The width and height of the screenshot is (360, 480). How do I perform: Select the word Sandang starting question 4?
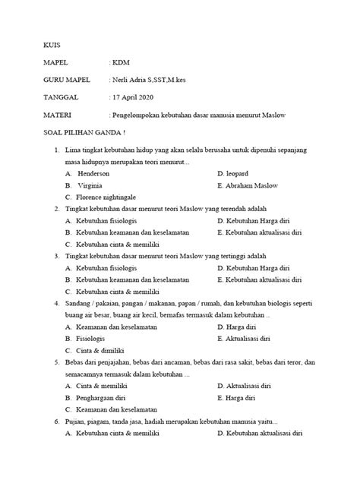79,303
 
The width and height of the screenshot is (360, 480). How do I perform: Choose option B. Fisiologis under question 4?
86,338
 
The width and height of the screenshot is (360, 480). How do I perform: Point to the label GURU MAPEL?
68,80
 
